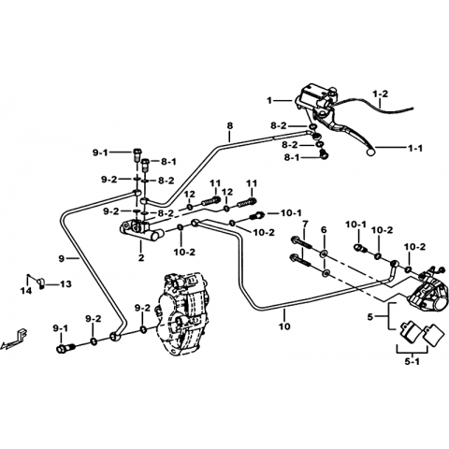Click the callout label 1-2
381,94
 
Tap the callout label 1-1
415,149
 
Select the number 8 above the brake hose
230,126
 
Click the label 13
65,284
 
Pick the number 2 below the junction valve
141,258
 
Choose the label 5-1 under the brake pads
413,362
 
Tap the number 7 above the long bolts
305,224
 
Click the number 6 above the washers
324,230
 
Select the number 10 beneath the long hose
284,326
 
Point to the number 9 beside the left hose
62,258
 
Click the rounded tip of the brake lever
370,152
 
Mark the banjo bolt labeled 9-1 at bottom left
65,348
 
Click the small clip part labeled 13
40,282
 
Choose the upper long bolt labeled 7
302,243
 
